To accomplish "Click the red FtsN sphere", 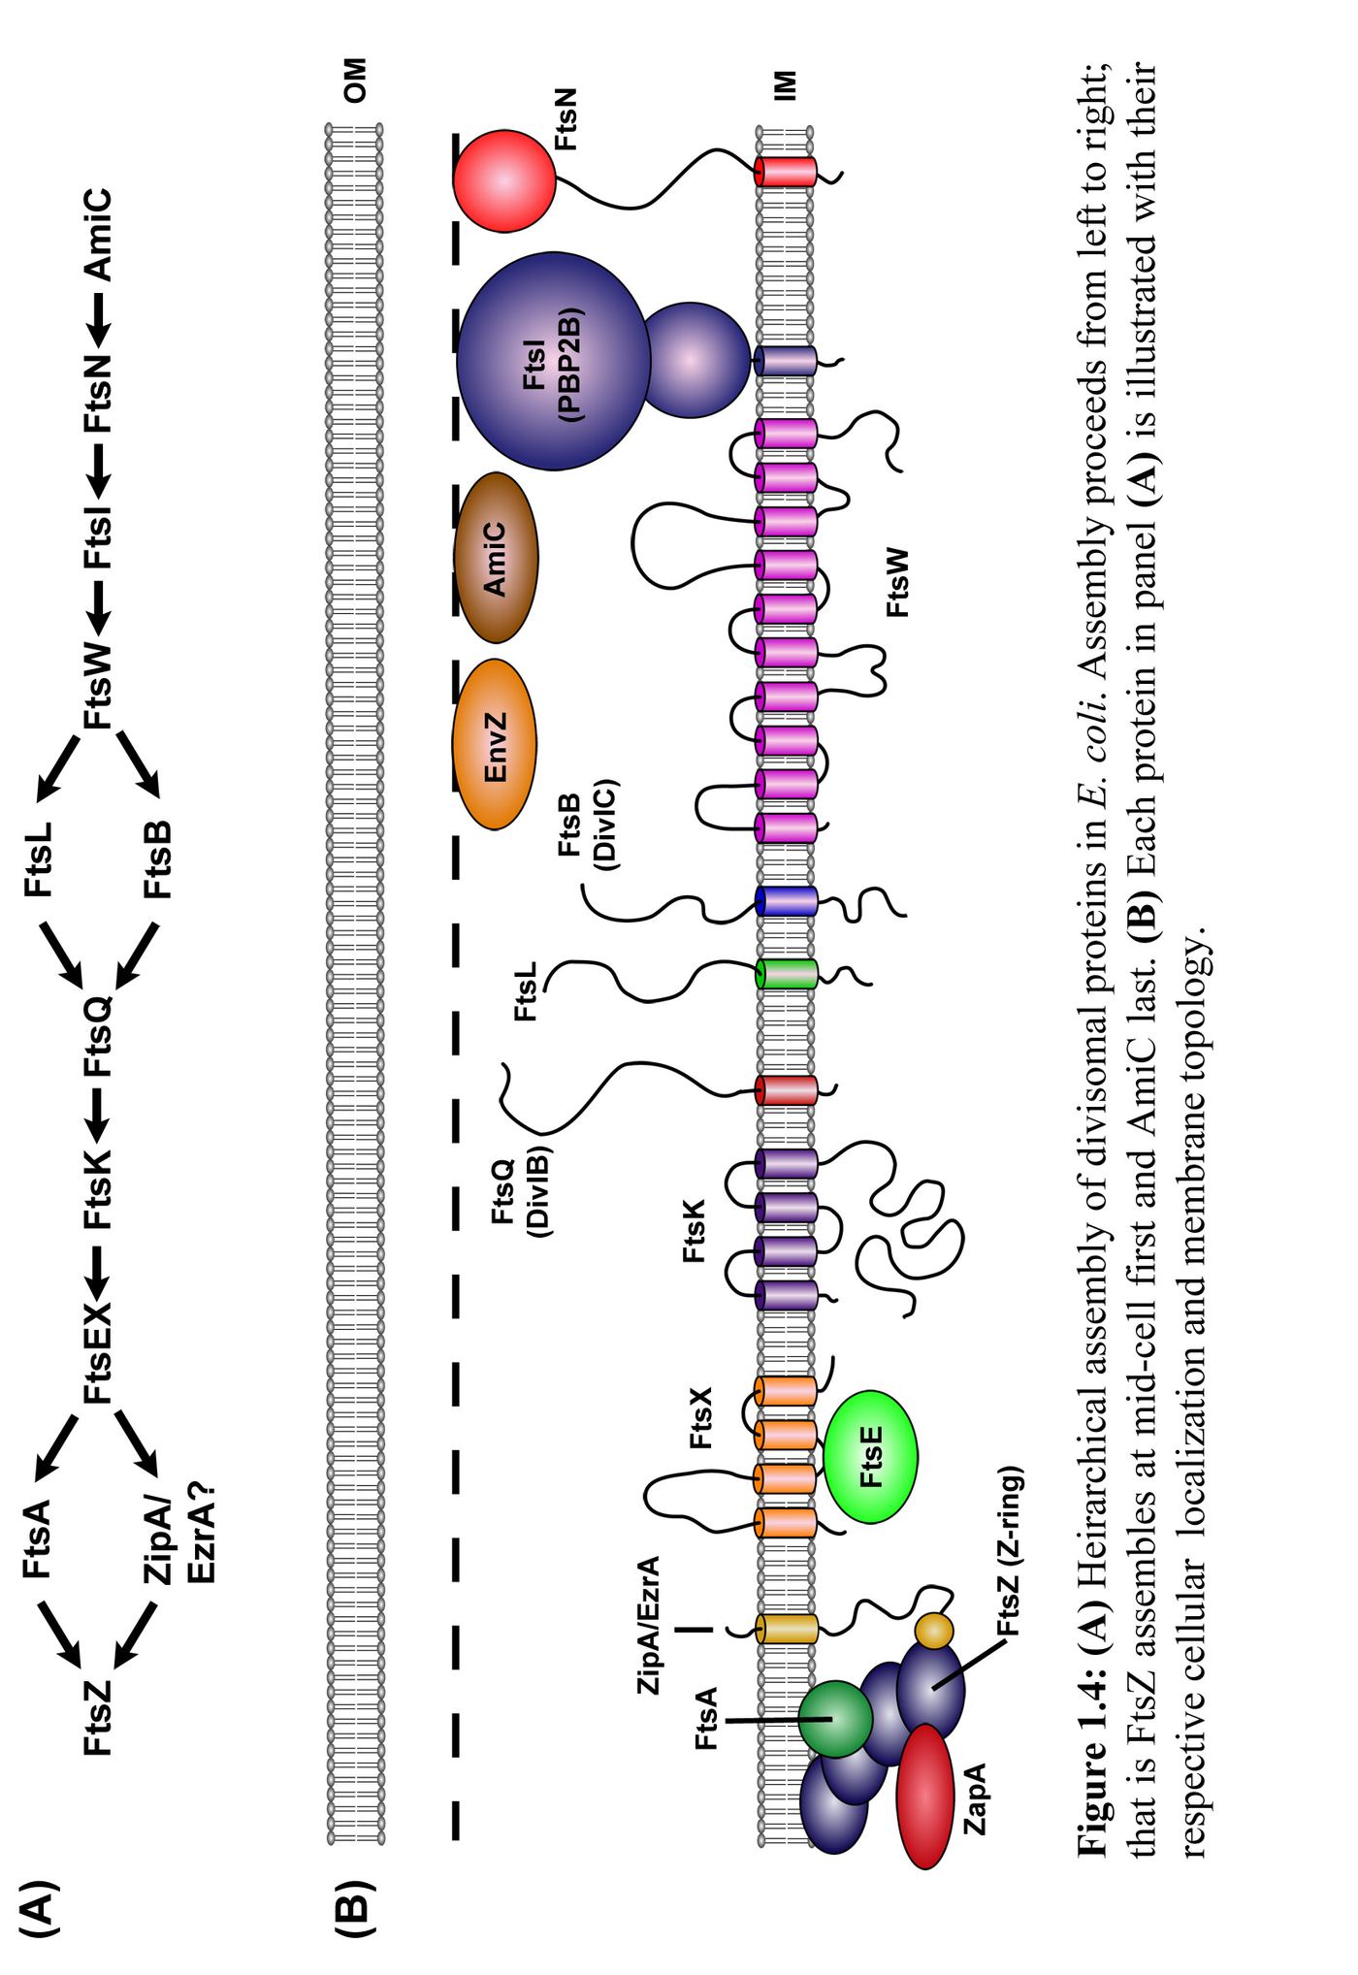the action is (504, 181).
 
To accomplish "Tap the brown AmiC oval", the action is (496, 558).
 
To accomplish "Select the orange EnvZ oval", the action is (495, 745).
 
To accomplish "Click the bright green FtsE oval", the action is (870, 1456).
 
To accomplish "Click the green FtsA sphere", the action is (835, 1718).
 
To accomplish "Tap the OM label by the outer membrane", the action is (355, 81).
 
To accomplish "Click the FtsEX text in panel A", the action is (98, 1352).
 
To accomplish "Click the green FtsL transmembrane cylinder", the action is (786, 973).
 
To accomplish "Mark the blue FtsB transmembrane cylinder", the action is (786, 901).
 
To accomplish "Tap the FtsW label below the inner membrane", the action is (898, 582).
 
